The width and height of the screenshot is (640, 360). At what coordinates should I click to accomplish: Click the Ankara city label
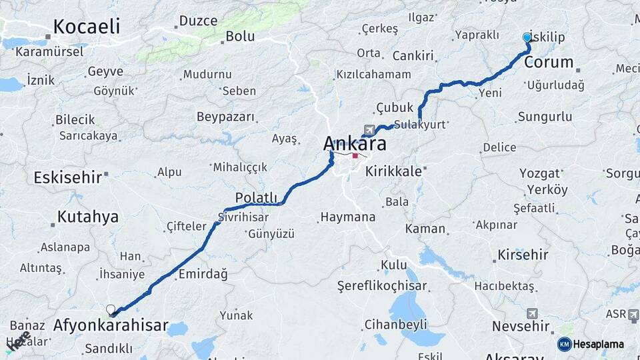point(355,143)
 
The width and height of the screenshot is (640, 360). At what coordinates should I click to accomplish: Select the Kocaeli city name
point(86,27)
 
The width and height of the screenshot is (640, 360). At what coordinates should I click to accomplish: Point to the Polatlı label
point(256,197)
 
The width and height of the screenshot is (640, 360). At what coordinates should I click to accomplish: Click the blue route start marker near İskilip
point(527,38)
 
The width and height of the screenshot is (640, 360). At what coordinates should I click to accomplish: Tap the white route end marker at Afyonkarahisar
point(111,309)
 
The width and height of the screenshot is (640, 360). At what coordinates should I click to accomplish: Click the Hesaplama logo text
point(598,344)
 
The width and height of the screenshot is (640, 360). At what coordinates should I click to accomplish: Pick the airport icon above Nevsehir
point(531,313)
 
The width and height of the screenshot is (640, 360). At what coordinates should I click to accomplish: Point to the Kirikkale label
point(393,171)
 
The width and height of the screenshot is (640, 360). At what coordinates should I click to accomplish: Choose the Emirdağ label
point(202,274)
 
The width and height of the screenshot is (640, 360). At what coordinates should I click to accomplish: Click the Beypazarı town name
point(225,117)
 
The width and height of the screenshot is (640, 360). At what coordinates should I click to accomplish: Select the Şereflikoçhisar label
point(382,286)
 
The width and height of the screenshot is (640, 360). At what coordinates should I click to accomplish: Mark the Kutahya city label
point(87,217)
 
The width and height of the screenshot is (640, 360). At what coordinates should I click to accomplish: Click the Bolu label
point(240,37)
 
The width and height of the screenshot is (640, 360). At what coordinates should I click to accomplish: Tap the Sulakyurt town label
point(419,125)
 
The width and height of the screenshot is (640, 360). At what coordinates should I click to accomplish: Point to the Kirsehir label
point(523,255)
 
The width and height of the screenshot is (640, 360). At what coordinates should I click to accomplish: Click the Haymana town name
point(347,217)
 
